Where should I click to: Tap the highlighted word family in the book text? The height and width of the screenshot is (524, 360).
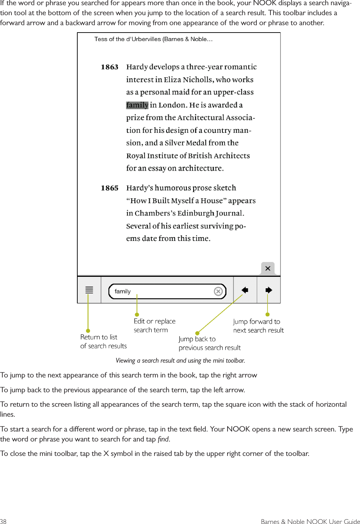coord(137,105)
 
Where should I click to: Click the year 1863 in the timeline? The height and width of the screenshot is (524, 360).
coord(110,67)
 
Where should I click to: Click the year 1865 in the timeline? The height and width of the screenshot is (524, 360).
coord(110,188)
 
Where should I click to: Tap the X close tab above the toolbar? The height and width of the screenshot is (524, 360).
coord(268,268)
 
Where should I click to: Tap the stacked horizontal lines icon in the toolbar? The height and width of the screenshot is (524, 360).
coord(89,290)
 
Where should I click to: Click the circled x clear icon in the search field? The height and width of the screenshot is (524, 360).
coord(218,292)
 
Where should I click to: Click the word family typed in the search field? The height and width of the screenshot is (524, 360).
coord(122,292)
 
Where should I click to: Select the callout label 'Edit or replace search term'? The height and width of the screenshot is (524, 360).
coord(154,326)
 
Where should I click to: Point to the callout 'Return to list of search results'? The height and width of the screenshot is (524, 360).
coord(103,342)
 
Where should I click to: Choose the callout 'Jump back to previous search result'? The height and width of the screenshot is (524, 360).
coord(209,343)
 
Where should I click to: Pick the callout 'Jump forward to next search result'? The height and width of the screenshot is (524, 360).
coord(258,326)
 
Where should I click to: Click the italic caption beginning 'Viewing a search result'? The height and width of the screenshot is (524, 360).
coord(180,360)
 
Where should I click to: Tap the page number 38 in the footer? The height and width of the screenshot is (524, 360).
coord(3,521)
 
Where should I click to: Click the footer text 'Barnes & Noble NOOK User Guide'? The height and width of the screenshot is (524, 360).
coord(310,521)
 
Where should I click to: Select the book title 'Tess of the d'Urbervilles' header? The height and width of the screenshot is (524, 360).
coord(153,39)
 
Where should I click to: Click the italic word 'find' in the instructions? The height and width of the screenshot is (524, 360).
coord(163,439)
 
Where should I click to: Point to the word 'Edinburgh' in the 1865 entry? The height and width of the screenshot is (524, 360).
coord(196,214)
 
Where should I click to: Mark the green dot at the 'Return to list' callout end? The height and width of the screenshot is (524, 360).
coord(88,331)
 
